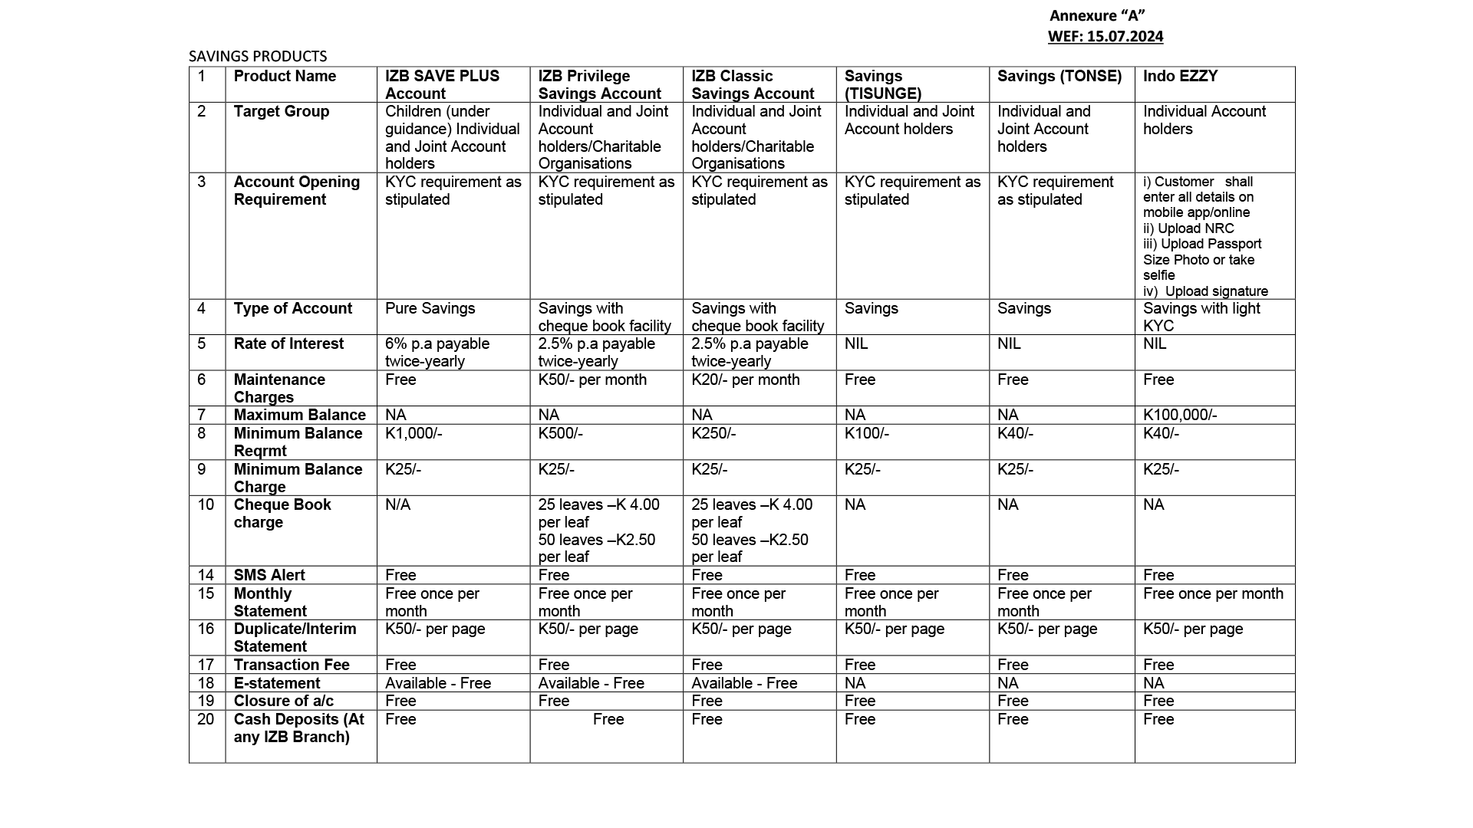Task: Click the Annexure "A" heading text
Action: (1097, 16)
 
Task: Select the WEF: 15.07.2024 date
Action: (1106, 36)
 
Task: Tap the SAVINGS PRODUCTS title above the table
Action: (258, 56)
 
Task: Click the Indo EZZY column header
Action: (1180, 76)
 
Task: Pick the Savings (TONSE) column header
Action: (1059, 76)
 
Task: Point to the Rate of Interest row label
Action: (288, 343)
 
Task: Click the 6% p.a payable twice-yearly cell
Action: (437, 352)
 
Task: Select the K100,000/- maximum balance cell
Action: (1180, 415)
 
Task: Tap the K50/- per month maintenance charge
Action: (592, 379)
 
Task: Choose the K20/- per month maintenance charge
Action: (746, 379)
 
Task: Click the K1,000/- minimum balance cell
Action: (414, 433)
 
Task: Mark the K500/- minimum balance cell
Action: (561, 433)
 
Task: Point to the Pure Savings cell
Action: (430, 308)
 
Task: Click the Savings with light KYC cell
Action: (1201, 317)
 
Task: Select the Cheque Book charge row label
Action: (282, 513)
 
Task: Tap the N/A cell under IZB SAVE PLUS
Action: (397, 504)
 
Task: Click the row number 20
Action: (206, 719)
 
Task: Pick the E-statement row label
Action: (277, 683)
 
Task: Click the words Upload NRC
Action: (1196, 228)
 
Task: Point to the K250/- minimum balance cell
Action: (713, 433)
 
